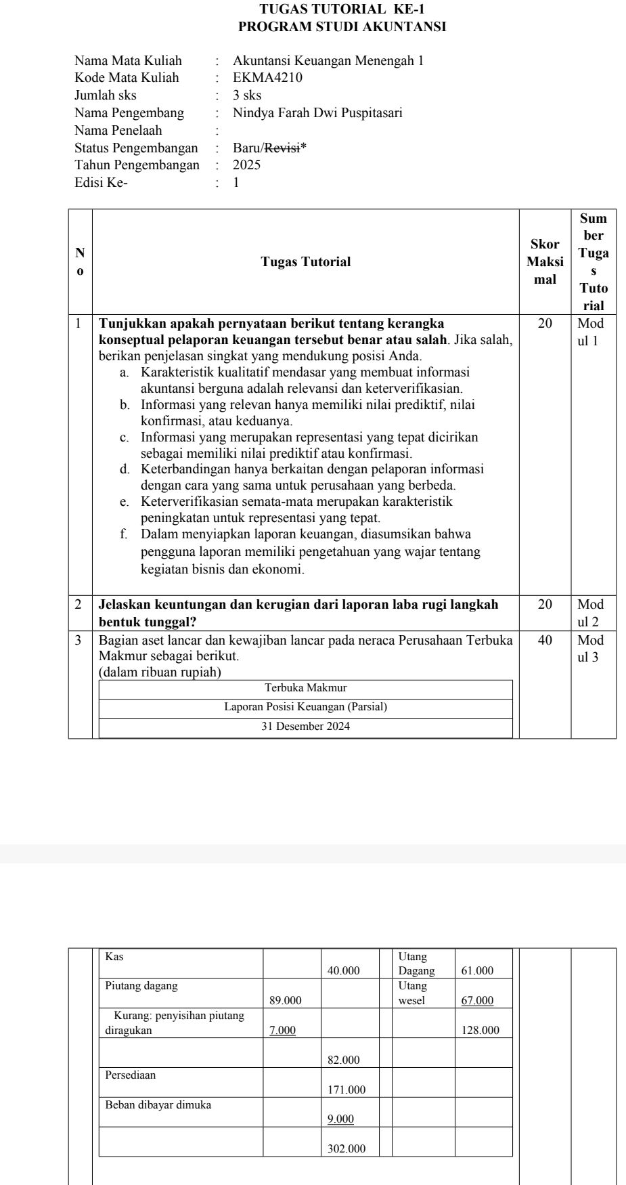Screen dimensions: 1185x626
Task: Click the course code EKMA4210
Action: coord(267,78)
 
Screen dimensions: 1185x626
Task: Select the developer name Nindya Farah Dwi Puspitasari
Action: coord(317,113)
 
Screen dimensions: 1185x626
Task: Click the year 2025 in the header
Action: coord(246,165)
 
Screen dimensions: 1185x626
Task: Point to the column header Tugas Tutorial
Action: coord(306,262)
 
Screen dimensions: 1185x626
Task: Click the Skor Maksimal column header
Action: coord(545,262)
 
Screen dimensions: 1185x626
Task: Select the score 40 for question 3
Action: coord(545,640)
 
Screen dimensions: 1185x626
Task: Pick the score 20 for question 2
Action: coord(545,605)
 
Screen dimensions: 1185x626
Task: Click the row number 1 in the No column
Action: coord(80,324)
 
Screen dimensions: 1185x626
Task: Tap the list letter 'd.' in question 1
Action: coord(125,469)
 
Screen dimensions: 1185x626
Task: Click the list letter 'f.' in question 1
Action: coord(125,534)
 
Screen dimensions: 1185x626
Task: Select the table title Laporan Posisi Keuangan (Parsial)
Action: coord(306,707)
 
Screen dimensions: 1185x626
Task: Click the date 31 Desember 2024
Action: coord(306,727)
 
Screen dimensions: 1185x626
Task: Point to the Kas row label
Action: coord(114,957)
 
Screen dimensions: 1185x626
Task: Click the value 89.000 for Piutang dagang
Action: coord(286,1000)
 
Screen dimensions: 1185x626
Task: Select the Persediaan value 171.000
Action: coord(346,1090)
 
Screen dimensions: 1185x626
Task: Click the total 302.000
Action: coord(346,1148)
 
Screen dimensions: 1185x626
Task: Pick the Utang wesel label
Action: coord(412,993)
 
